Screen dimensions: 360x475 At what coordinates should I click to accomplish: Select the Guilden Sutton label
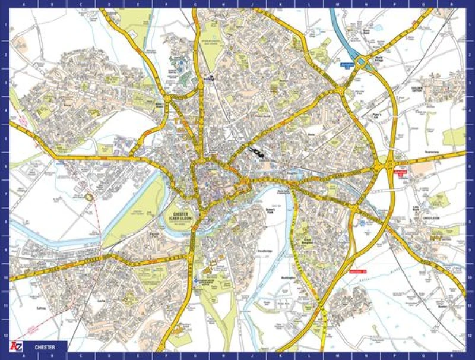420,90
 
